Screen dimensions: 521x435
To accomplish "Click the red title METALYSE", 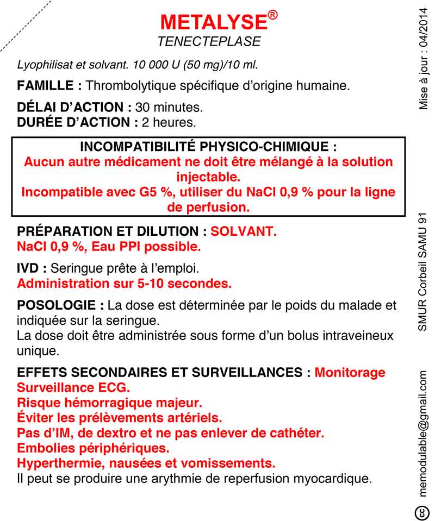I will tap(213, 22).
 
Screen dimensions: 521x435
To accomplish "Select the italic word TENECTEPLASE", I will tap(209, 42).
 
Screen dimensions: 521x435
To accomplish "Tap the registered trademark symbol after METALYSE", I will tap(273, 15).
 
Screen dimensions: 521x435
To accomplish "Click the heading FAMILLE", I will tap(49, 86).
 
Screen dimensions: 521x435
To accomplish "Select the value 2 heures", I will tap(168, 122).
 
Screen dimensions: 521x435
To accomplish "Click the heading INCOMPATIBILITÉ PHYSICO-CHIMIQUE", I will tap(208, 147).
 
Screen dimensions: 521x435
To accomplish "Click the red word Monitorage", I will tap(350, 373).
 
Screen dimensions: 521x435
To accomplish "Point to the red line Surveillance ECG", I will tap(74, 388).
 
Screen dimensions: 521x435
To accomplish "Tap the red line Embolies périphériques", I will tap(93, 449).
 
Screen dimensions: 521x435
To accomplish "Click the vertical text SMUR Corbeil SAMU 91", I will tap(424, 271).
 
